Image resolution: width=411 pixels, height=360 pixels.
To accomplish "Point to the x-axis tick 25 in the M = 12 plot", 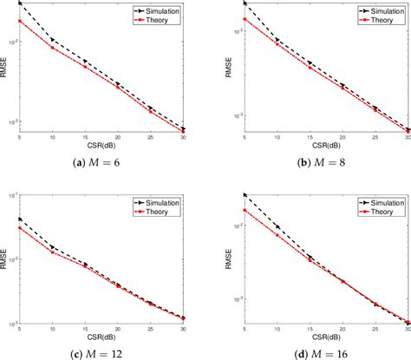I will (x=152, y=327).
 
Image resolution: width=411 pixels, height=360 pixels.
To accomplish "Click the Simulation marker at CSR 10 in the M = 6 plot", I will (x=52, y=40).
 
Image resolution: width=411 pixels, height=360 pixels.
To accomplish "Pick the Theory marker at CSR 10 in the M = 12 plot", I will (x=52, y=253).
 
